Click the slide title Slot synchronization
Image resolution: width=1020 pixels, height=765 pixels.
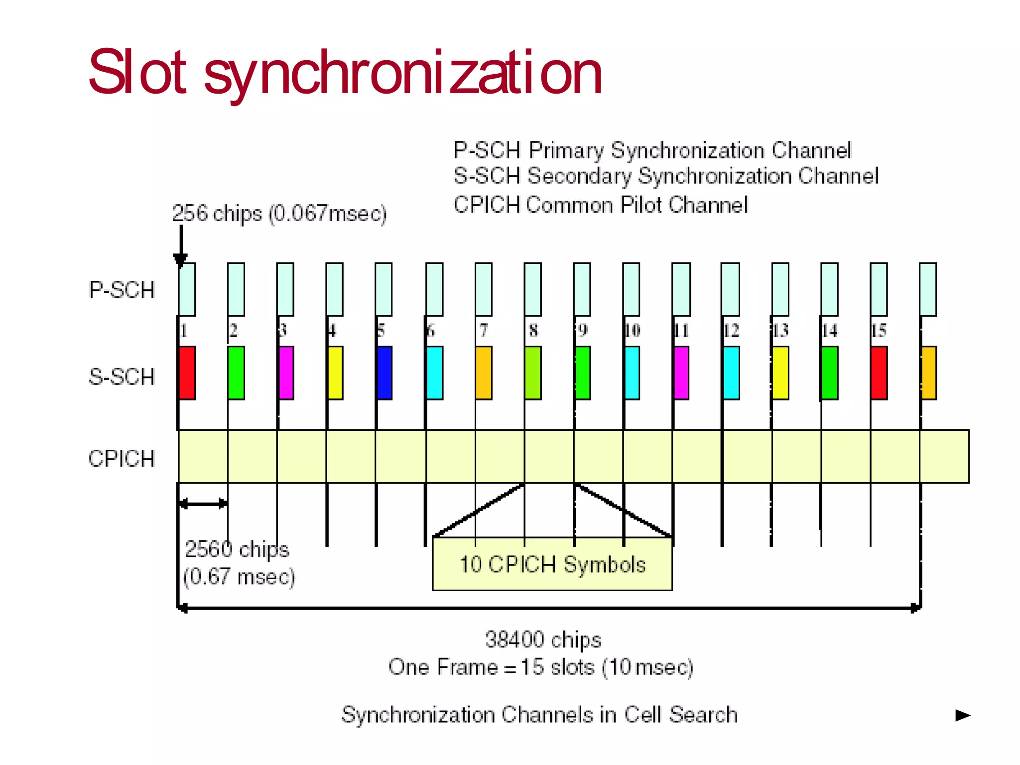click(x=345, y=73)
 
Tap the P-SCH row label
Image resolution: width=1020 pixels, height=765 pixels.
click(x=122, y=290)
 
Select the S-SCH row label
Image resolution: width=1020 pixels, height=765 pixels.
click(x=122, y=377)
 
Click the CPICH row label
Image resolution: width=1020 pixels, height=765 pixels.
click(x=122, y=458)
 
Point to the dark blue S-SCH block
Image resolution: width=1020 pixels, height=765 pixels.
click(x=384, y=373)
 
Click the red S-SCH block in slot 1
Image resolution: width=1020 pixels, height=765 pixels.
click(x=187, y=373)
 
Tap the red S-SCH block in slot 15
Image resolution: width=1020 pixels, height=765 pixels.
click(x=879, y=373)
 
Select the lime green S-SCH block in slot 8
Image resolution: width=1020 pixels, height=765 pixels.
click(x=533, y=373)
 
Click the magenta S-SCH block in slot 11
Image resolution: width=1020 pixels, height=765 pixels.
click(x=681, y=373)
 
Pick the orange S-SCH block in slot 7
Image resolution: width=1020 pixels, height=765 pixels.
click(x=484, y=373)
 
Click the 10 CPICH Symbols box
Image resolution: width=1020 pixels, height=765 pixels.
click(x=552, y=564)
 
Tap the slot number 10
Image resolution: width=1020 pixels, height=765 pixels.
click(x=632, y=331)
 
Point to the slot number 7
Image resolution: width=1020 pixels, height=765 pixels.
click(x=484, y=331)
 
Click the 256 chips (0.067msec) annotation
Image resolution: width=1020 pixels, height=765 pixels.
click(x=279, y=214)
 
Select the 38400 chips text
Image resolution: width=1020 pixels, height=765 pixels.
click(x=543, y=639)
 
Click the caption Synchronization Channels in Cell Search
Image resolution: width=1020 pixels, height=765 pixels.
click(x=539, y=714)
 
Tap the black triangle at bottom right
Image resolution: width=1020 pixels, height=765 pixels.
click(x=963, y=716)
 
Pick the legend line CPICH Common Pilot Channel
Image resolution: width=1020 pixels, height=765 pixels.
click(x=601, y=205)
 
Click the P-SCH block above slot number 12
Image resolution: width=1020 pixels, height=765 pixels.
click(x=730, y=289)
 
